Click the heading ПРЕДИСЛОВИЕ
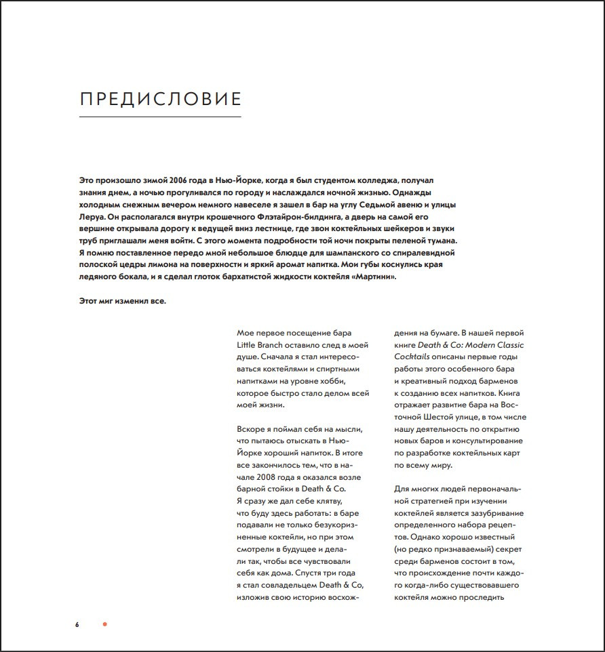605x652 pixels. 161,99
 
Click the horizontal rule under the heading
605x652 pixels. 161,117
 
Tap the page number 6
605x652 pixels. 77,624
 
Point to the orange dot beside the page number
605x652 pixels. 104,624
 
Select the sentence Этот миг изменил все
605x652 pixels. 123,302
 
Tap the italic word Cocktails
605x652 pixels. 416,357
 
